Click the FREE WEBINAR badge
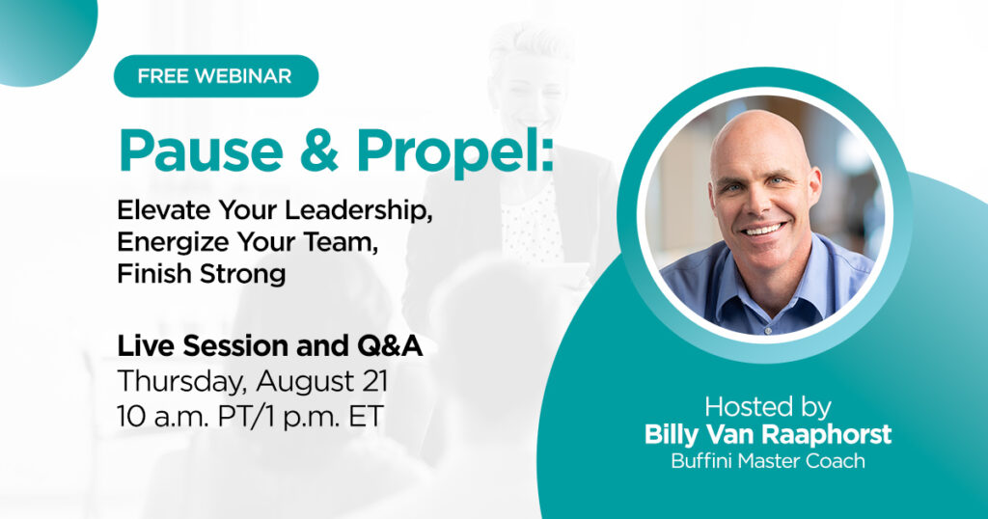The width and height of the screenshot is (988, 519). point(215,76)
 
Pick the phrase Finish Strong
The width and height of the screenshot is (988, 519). point(201,273)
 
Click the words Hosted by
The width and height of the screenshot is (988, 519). point(767,405)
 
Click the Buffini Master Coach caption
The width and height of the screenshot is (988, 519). point(767,461)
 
